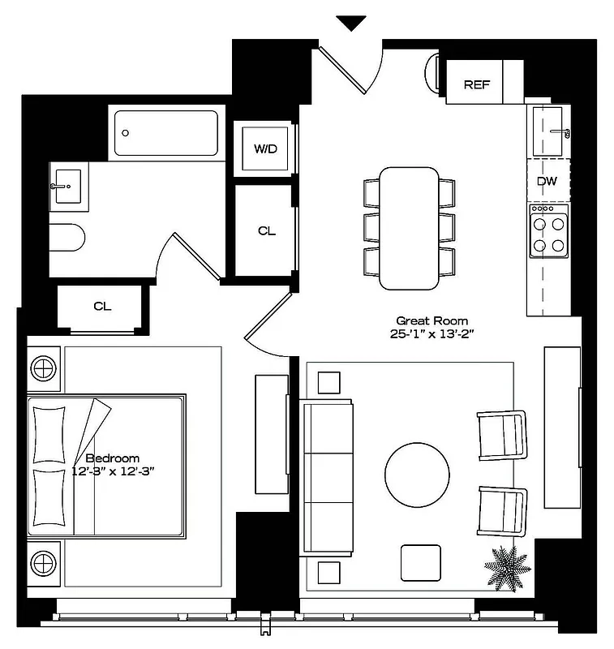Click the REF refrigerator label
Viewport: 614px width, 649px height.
click(x=476, y=84)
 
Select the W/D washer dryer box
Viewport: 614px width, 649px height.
click(x=265, y=148)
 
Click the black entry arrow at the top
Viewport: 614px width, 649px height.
click(x=351, y=23)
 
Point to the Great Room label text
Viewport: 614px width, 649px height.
click(x=432, y=320)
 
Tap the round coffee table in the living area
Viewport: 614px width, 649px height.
click(x=417, y=475)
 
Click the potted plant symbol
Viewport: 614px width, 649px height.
click(x=508, y=565)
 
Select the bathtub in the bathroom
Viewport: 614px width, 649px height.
click(x=167, y=133)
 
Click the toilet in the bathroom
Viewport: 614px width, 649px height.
click(x=67, y=237)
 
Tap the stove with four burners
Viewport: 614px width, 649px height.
click(x=548, y=230)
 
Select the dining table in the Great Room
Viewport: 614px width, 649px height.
click(x=410, y=228)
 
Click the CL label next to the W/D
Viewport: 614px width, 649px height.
click(x=267, y=231)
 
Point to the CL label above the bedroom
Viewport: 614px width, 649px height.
click(x=102, y=306)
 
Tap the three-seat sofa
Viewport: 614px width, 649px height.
click(x=328, y=479)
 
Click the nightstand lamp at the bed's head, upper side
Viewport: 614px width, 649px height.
click(x=45, y=367)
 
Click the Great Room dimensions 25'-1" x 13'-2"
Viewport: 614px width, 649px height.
click(x=432, y=333)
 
